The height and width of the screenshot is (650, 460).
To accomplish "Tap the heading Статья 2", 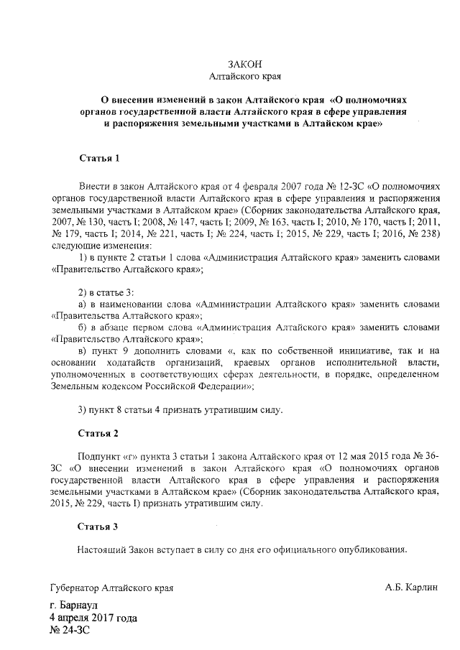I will pyautogui.click(x=98, y=433).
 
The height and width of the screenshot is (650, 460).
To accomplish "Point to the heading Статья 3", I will pyautogui.click(x=98, y=526).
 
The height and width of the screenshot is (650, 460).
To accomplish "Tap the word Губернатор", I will pyautogui.click(x=75, y=588).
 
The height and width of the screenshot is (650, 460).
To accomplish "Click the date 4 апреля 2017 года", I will pyautogui.click(x=93, y=618).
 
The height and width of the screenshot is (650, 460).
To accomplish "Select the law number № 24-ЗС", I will pyautogui.click(x=70, y=630).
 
